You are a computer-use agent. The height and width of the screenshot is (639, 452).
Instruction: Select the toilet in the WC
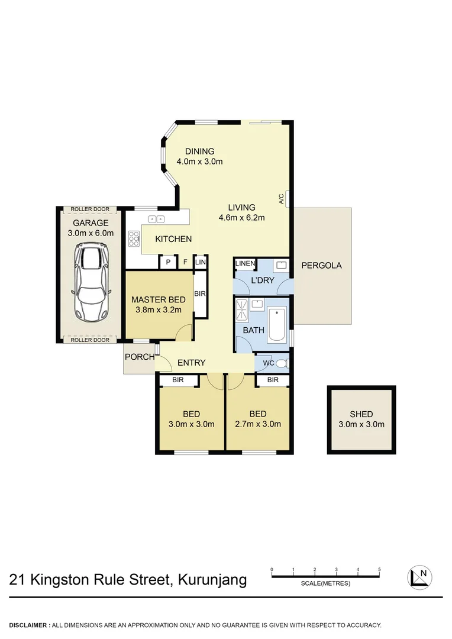click(x=283, y=363)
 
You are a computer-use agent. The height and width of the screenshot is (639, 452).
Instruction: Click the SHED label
click(x=361, y=414)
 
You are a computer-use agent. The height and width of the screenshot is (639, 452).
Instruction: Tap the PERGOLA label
click(x=322, y=265)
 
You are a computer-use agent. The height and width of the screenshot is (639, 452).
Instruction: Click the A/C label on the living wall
click(x=282, y=199)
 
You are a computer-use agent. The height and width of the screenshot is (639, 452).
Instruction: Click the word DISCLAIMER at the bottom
click(x=28, y=625)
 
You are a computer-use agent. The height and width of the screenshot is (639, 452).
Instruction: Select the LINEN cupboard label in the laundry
click(x=244, y=263)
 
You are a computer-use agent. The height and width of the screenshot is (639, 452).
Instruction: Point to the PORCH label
click(x=140, y=357)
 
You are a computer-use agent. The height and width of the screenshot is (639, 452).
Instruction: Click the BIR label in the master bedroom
click(x=199, y=293)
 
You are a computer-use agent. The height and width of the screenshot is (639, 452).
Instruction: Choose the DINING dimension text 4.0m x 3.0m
click(x=199, y=161)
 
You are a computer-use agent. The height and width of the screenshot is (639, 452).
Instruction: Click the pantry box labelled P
click(x=168, y=262)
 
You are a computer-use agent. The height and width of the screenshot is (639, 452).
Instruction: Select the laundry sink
click(x=281, y=264)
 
